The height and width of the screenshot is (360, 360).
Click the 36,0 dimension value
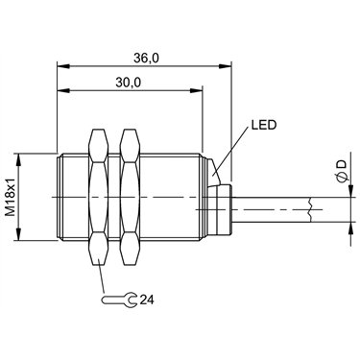pos(146,59)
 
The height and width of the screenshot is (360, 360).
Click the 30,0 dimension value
pos(128,83)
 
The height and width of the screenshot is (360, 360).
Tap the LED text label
pos(263,125)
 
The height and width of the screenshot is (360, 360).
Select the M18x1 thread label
pos(12,197)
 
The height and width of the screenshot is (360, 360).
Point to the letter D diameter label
pos(342,164)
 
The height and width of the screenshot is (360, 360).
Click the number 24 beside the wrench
pos(147,300)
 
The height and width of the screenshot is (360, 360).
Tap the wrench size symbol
pos(119,300)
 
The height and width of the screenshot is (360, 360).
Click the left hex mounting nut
pos(99,198)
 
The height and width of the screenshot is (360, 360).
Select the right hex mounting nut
pos(130,198)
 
